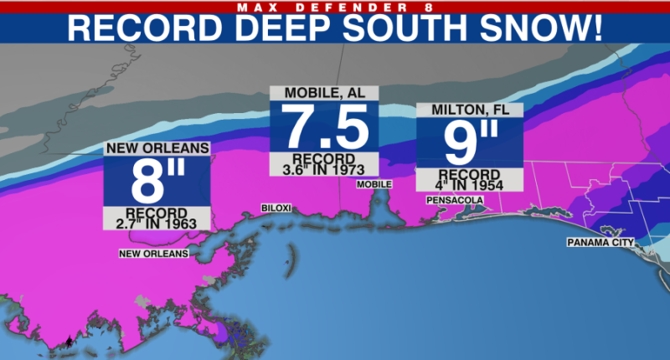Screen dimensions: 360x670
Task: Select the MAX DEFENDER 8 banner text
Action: point(335,7)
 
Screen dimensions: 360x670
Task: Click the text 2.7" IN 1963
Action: point(157,223)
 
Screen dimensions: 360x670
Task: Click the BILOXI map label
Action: point(276,208)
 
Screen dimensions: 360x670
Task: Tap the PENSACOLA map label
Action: point(456,201)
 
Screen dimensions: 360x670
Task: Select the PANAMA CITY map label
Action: point(601,243)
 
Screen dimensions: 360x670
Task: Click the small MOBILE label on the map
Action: point(374,184)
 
